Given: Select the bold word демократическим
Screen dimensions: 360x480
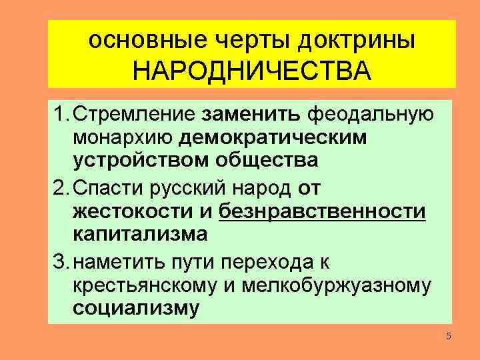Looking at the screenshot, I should (282, 137).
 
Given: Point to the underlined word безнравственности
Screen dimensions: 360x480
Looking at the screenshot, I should (323, 212).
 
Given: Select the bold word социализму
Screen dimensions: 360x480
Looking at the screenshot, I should (137, 309).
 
